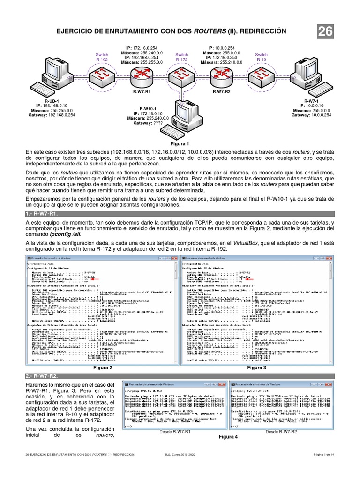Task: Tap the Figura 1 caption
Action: point(180,144)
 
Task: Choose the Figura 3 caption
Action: point(257,368)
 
